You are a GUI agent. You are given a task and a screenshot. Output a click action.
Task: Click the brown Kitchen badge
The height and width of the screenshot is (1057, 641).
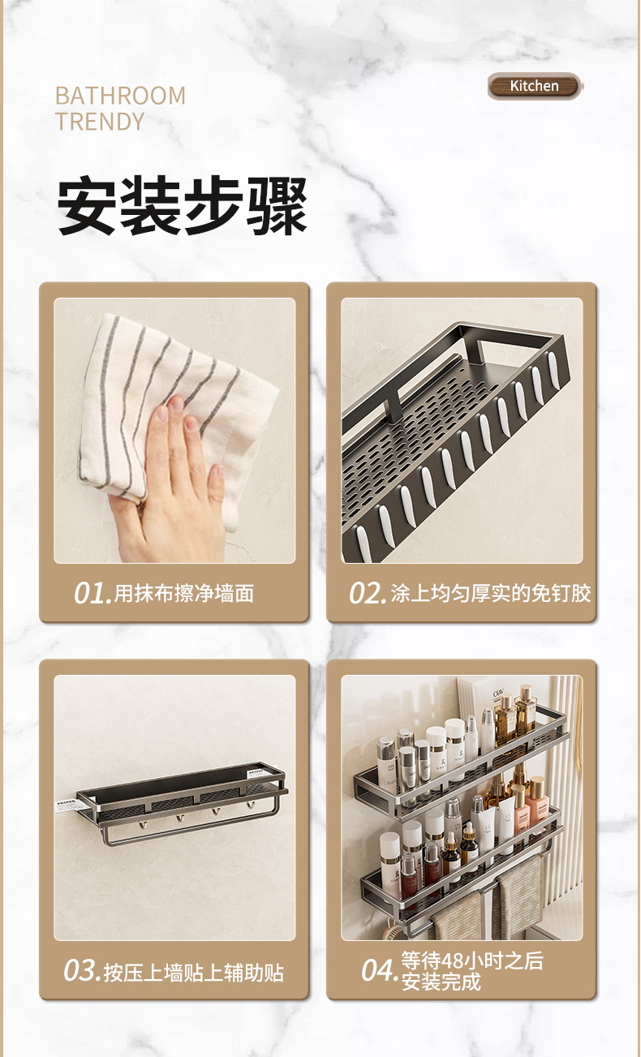coord(534,86)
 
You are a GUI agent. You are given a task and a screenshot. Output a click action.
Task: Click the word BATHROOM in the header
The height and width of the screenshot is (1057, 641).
coord(120,96)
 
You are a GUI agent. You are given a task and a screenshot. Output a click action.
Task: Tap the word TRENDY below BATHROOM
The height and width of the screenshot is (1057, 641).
coord(100,122)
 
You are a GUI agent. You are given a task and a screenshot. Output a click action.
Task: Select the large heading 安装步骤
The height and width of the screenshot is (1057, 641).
coord(183,206)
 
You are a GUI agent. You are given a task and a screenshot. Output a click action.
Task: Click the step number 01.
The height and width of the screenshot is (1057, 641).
coord(92,593)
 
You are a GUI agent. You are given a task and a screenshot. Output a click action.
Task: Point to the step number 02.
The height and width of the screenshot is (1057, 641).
coord(367,593)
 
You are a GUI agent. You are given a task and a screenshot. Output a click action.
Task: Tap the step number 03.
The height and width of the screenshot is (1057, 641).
coord(81,971)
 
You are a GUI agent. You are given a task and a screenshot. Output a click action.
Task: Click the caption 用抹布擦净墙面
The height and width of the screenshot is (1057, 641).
coord(183,593)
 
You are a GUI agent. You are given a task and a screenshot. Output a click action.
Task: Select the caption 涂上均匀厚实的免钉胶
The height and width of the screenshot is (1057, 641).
coord(491,593)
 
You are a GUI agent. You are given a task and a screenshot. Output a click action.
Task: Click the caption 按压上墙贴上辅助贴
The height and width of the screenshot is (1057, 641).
coord(194,972)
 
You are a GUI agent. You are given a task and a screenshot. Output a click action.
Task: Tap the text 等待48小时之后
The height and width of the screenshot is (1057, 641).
coord(472,961)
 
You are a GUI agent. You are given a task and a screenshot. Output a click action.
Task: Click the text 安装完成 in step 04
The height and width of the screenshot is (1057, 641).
coord(441,982)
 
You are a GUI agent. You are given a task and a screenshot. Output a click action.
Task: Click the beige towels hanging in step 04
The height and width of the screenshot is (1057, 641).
coord(487,900)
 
